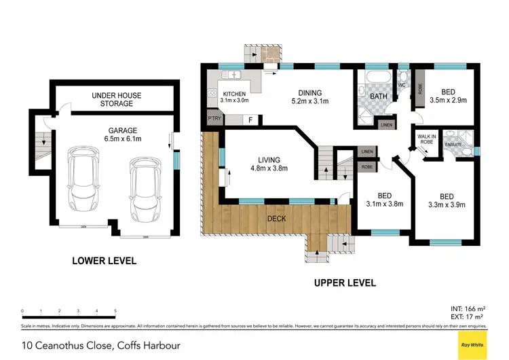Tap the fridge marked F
251,120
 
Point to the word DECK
276,219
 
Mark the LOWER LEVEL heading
105,260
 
